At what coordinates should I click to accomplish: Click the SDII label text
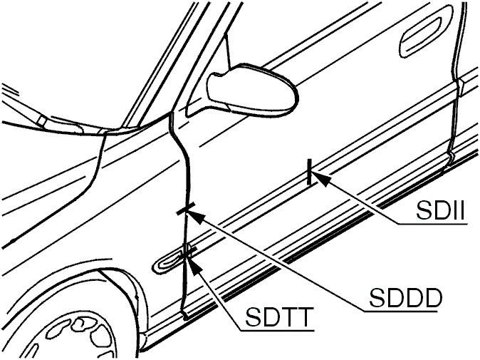click(x=441, y=211)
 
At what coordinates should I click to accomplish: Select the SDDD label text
click(x=406, y=298)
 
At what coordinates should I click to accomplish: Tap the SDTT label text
click(x=280, y=317)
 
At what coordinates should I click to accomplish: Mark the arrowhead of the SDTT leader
click(x=194, y=265)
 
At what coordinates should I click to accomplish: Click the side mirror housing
click(x=251, y=89)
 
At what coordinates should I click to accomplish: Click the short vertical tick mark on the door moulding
click(x=309, y=172)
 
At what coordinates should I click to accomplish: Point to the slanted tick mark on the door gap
click(x=186, y=209)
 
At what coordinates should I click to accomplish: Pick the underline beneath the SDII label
click(x=432, y=225)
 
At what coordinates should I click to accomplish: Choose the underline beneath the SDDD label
click(x=400, y=312)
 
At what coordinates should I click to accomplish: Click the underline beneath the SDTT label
click(x=277, y=331)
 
